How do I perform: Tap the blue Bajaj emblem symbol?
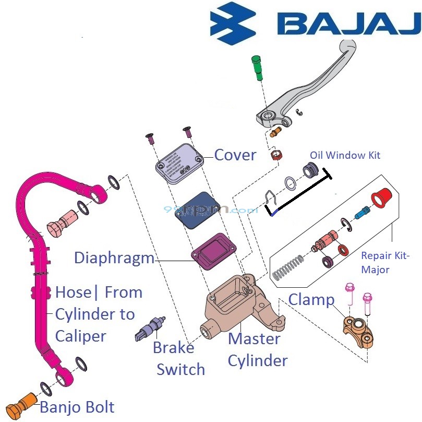233,24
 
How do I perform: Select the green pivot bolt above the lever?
256,67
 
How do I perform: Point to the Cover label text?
235,155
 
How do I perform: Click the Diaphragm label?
114,258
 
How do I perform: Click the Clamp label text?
311,300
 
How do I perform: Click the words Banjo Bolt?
77,407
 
